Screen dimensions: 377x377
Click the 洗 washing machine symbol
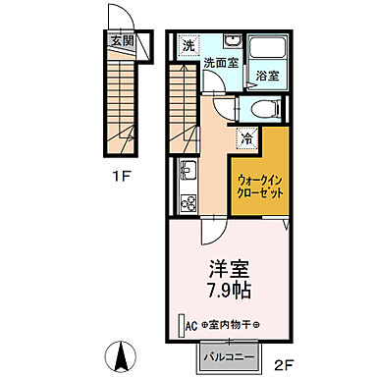coord(188,45)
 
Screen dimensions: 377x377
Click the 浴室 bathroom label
coord(266,75)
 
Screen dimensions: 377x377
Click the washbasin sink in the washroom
coord(233,42)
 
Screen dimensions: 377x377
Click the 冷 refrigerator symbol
coord(245,138)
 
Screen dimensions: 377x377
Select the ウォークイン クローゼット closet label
coord(260,186)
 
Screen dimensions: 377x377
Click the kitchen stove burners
coord(187,201)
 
